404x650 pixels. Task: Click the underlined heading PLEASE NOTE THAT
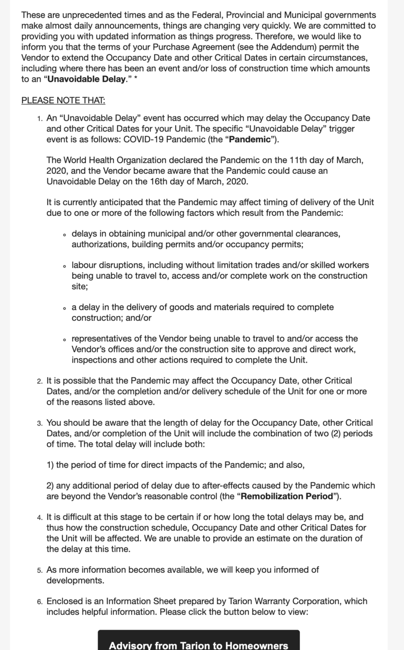63,100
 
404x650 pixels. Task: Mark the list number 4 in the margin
40,517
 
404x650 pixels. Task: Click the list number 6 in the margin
40,602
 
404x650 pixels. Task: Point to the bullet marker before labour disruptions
65,266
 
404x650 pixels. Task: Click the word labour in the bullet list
84,265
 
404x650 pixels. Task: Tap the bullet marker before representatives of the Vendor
65,340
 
